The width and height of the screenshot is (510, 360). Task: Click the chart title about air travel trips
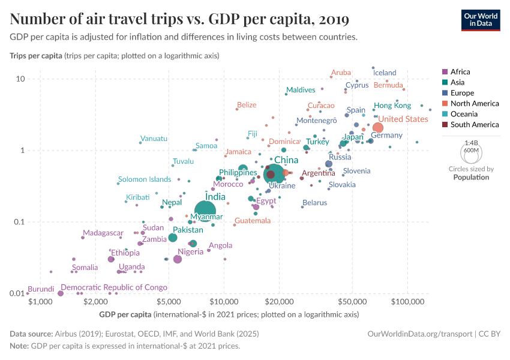[x=180, y=19]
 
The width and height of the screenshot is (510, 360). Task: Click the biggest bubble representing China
[x=274, y=174]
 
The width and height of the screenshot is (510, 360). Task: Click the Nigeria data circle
[x=178, y=259]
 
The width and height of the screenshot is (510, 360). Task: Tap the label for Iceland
[x=385, y=73]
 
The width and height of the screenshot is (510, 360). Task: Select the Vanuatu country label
[x=154, y=139]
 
